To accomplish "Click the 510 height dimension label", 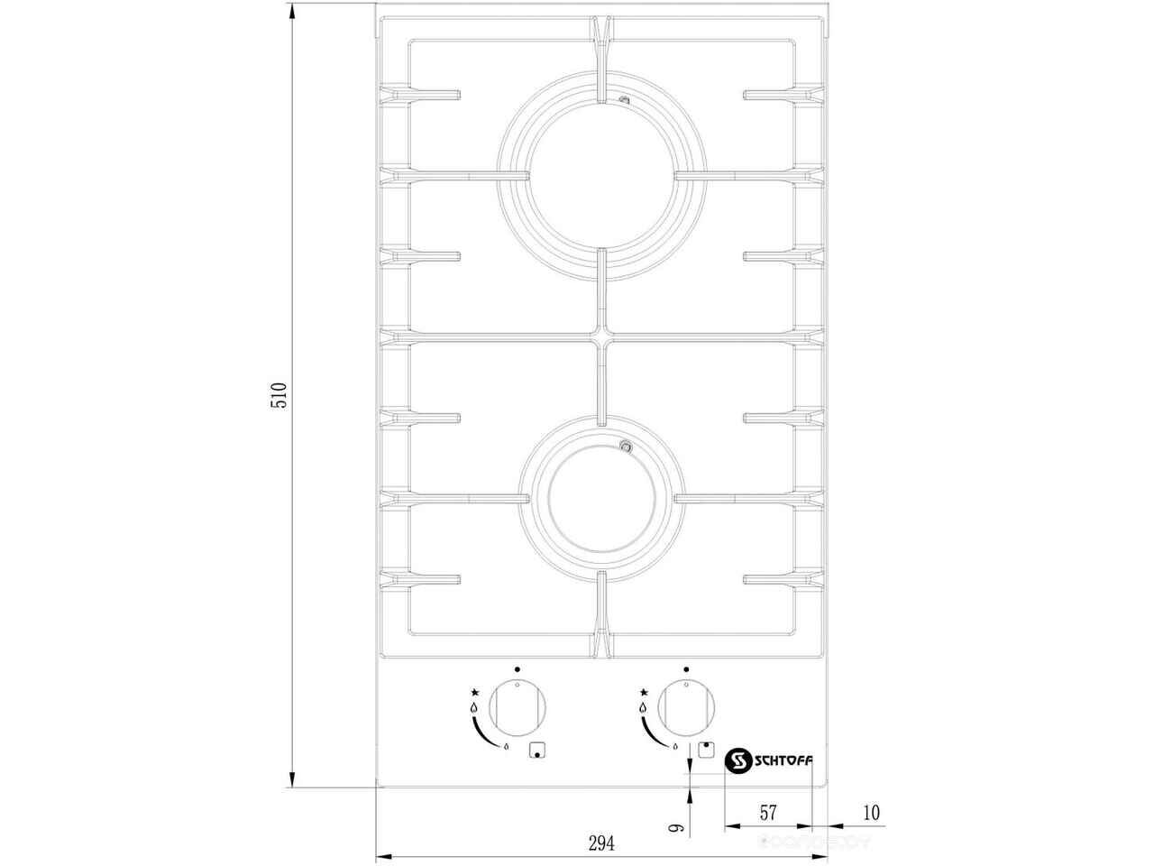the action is click(x=279, y=395).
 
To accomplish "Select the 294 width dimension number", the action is click(x=601, y=844).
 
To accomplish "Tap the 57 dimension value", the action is click(x=768, y=813).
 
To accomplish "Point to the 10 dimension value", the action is click(x=871, y=813).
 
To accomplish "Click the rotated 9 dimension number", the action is click(x=676, y=827).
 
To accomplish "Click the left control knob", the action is click(x=517, y=708).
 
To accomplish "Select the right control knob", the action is click(x=686, y=708).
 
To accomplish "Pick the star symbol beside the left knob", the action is click(x=475, y=692).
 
